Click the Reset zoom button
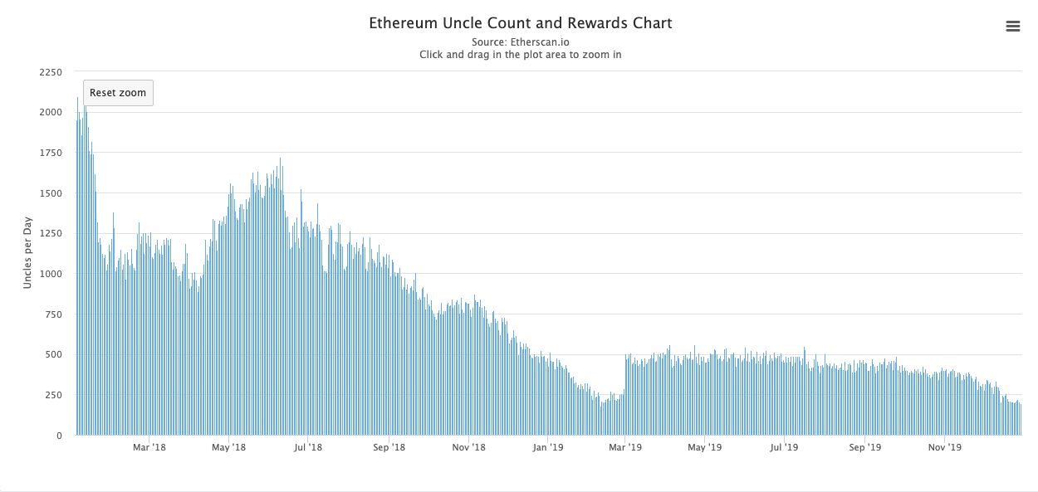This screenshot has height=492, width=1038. point(118,93)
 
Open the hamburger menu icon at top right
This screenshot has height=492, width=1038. point(1012,27)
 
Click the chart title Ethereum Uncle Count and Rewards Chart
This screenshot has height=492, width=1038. point(520,23)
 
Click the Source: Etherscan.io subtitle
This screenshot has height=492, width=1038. point(520,41)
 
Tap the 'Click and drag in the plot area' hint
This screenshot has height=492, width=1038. point(520,55)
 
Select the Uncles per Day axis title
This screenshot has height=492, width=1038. point(27,252)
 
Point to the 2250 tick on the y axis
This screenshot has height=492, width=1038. point(51,71)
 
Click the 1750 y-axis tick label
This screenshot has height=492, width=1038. point(51,153)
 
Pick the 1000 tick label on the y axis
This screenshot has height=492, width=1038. point(51,274)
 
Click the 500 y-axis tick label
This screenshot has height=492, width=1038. point(53,354)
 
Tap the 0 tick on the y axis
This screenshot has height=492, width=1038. point(59,436)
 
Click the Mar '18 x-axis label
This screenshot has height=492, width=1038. point(149,448)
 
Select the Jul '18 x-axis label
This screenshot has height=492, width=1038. point(308,448)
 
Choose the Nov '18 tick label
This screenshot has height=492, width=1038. point(468,448)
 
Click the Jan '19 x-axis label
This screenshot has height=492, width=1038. point(548,448)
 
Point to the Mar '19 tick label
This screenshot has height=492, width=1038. point(625,448)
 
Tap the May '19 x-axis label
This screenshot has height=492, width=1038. point(704,448)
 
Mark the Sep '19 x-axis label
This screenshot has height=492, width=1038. point(864,448)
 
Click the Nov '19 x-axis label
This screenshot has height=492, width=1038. point(944,448)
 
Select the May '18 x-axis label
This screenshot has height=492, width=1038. point(228,448)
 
